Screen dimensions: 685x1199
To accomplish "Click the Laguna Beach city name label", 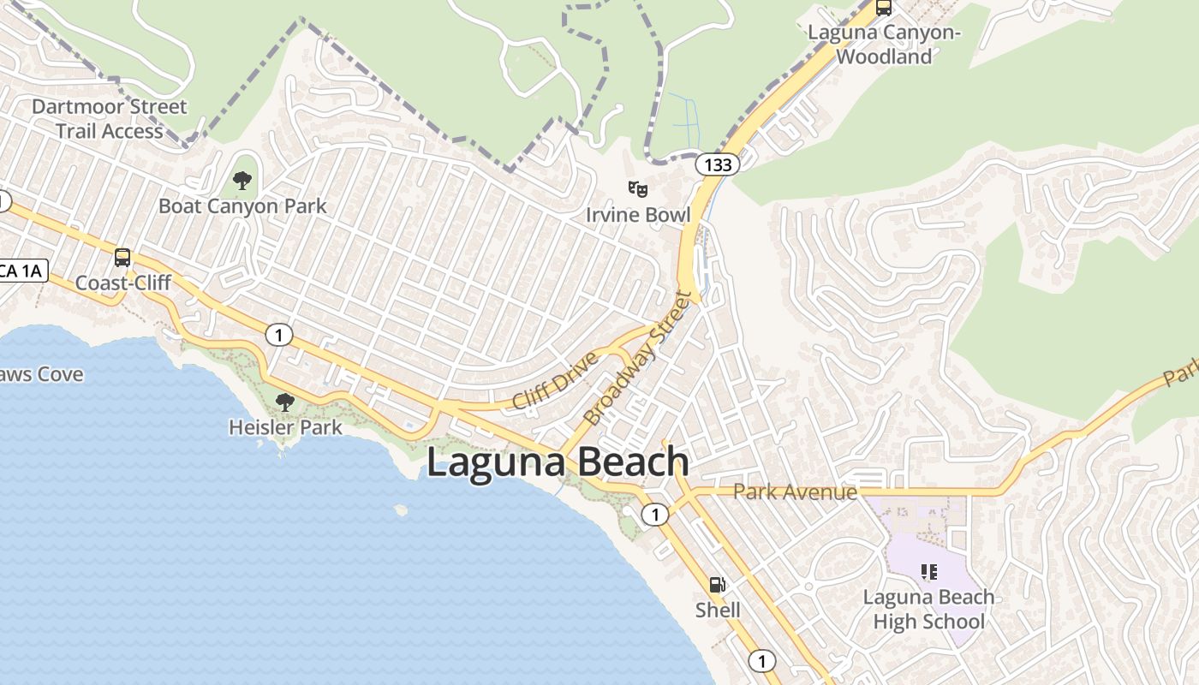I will (558, 462).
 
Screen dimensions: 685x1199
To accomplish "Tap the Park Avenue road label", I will (795, 492).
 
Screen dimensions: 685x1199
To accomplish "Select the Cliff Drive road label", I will (555, 379).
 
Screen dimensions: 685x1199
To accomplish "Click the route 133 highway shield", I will (717, 164).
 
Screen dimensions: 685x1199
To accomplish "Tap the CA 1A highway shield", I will (20, 271).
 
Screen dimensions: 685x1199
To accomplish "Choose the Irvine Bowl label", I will (638, 214).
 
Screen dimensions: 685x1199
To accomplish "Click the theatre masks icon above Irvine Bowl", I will (637, 188).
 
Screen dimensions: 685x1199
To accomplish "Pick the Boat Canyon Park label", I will (242, 206).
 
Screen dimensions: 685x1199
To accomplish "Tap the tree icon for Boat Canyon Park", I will (242, 181).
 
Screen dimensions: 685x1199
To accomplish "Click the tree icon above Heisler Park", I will (285, 401).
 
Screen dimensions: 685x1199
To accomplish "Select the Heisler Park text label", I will (285, 426).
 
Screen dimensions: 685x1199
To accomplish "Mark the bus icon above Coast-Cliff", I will (122, 257).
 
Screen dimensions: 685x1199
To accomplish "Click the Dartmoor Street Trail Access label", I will (109, 119).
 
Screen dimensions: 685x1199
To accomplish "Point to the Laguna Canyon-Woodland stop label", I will (884, 45).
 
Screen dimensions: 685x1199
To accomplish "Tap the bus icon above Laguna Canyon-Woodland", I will (884, 8).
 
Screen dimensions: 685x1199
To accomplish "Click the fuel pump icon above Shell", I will (718, 585).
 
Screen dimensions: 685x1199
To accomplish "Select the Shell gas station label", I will (718, 610).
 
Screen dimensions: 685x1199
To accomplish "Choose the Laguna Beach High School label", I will (928, 609).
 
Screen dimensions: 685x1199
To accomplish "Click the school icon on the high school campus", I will (928, 571).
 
